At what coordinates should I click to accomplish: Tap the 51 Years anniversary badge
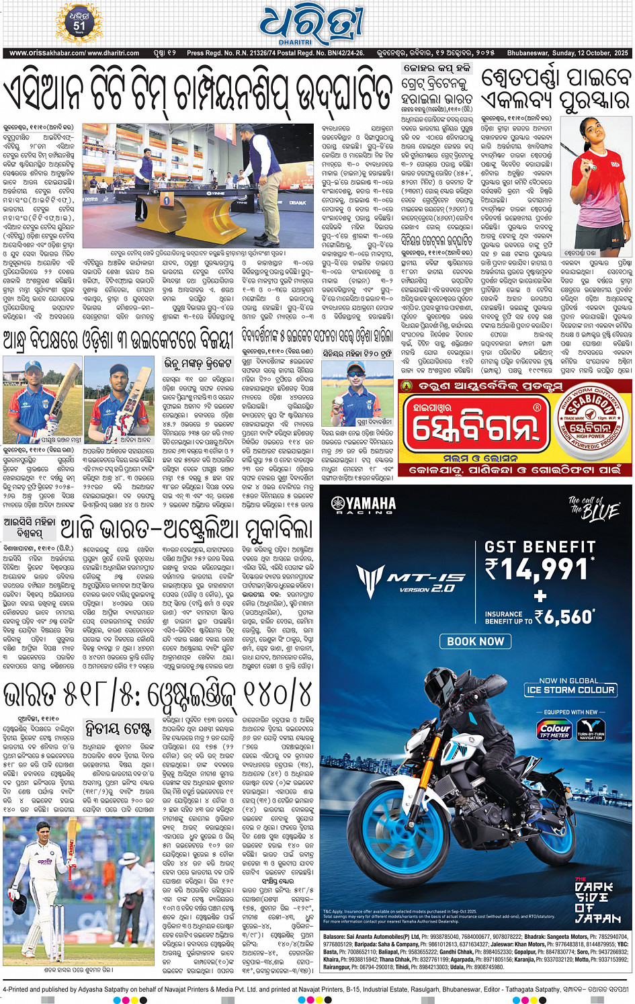click(x=80, y=25)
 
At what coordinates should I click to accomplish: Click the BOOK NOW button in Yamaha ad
click(x=475, y=641)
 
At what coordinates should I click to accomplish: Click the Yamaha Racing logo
click(x=362, y=505)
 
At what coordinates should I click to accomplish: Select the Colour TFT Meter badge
click(x=554, y=730)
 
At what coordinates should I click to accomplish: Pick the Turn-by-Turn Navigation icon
click(x=591, y=730)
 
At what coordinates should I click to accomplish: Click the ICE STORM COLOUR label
click(x=570, y=689)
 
